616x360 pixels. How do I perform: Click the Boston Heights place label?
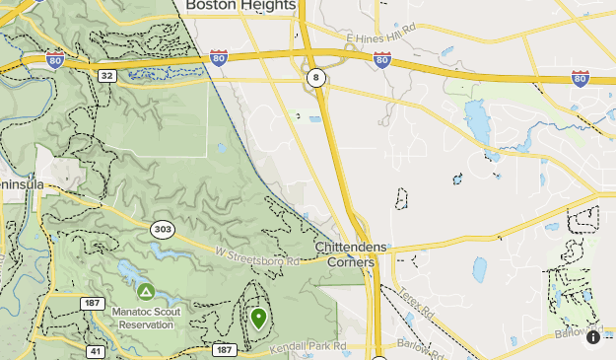point(240,6)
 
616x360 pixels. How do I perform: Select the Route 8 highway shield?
point(315,78)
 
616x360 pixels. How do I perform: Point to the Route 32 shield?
point(106,75)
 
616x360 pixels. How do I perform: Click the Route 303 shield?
point(163,230)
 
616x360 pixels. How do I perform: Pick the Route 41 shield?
point(96,351)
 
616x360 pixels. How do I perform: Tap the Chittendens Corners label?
point(351,254)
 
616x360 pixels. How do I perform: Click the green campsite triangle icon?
point(146,291)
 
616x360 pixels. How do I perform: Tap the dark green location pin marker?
point(258,318)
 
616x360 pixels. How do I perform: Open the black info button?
point(593,337)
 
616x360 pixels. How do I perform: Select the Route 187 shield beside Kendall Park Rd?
point(224,350)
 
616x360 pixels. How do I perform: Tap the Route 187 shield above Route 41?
point(94,303)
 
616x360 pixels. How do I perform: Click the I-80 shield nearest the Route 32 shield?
point(56,60)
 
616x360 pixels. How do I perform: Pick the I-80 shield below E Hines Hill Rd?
point(381,60)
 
